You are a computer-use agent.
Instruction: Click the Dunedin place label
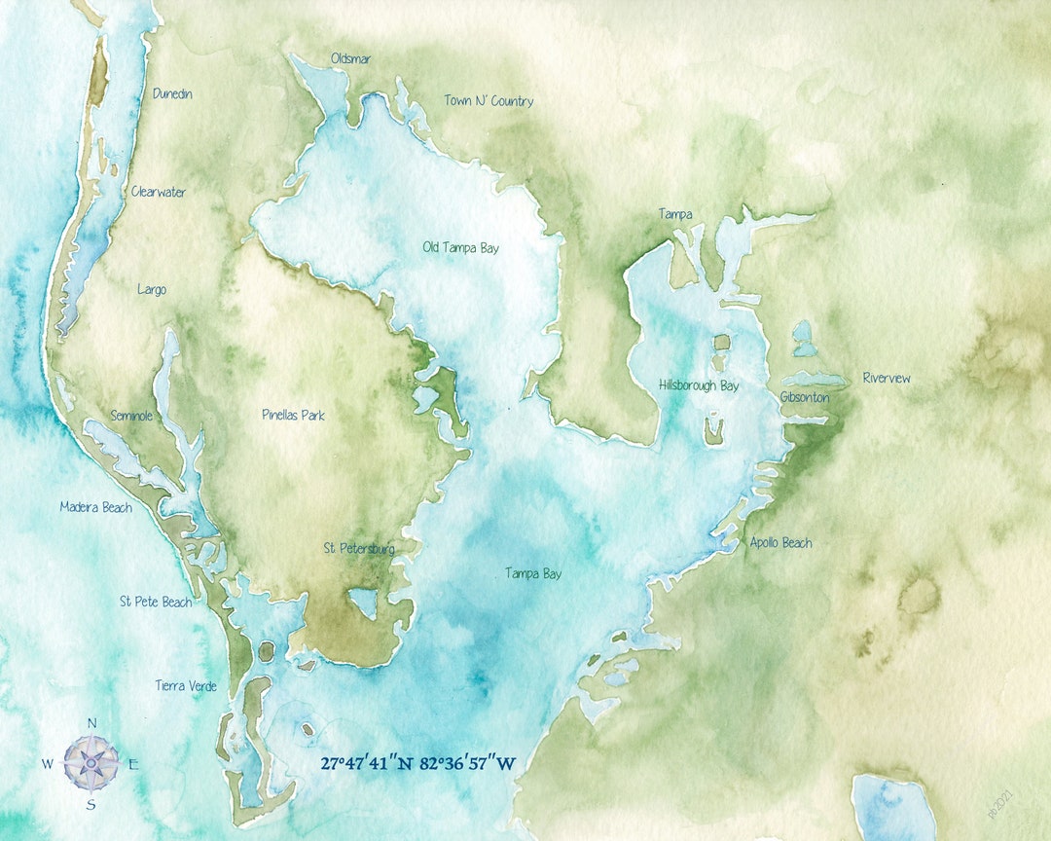(172, 94)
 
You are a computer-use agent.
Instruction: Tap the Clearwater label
(158, 192)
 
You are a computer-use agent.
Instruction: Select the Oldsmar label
(350, 59)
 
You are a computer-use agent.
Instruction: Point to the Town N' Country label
(489, 101)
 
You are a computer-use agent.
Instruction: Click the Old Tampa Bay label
(460, 248)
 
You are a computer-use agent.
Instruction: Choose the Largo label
(152, 290)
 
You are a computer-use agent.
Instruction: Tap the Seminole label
(131, 416)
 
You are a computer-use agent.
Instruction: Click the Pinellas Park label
(293, 416)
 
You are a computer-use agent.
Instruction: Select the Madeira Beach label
(95, 507)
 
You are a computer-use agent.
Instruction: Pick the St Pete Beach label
(156, 603)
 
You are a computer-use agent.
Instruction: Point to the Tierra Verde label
(186, 686)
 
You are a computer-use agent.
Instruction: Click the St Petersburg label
(359, 549)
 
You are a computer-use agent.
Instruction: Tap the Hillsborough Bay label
(698, 386)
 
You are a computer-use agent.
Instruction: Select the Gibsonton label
(805, 398)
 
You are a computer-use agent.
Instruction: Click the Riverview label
(887, 379)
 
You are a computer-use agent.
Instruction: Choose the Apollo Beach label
(780, 543)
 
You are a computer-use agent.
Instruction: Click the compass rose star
(91, 762)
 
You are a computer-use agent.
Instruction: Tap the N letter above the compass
(92, 723)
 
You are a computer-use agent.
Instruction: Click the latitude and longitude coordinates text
(418, 763)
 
